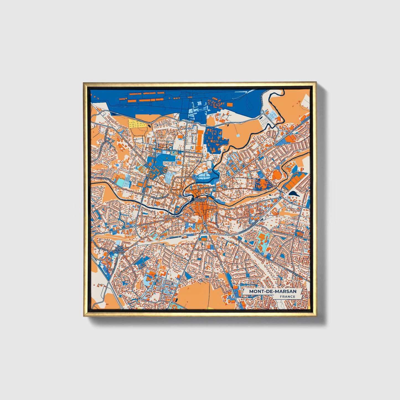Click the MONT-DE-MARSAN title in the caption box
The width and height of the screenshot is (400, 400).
(272, 291)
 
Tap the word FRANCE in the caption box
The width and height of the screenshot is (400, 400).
(287, 297)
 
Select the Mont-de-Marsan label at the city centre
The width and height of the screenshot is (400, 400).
(199, 200)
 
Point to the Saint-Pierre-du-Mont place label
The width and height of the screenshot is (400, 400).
(119, 250)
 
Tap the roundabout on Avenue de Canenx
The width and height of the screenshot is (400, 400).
(262, 117)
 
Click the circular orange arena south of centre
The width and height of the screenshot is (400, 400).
(204, 237)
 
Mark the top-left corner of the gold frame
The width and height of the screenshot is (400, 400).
(84, 82)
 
